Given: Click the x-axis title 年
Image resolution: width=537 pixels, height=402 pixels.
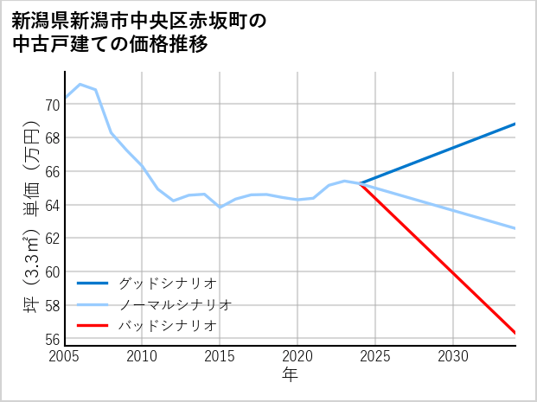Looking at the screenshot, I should click(x=290, y=374).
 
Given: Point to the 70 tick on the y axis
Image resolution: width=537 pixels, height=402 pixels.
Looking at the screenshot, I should click(x=52, y=105).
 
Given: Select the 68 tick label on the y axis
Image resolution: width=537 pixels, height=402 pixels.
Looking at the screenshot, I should click(x=52, y=138).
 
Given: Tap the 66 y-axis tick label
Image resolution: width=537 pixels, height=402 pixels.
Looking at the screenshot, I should click(x=52, y=172).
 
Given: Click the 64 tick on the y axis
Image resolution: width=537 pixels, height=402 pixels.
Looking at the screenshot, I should click(x=52, y=206).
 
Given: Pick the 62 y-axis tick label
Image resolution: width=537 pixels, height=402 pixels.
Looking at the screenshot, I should click(x=52, y=239).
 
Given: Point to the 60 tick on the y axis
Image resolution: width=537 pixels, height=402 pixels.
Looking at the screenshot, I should click(x=52, y=272).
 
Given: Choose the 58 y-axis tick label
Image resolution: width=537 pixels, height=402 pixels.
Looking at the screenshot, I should click(x=52, y=306).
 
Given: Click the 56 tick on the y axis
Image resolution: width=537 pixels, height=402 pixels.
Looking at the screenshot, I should click(x=52, y=339).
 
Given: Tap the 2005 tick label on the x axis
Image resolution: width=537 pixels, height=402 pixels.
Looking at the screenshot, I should click(x=65, y=356).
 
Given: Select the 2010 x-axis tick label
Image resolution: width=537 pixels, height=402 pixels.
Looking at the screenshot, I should click(x=142, y=356).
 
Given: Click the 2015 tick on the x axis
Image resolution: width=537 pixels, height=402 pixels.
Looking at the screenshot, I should click(x=220, y=356).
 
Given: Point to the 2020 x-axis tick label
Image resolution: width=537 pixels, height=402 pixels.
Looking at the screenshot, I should click(x=297, y=356).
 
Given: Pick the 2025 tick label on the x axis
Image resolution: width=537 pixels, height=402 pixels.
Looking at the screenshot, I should click(x=375, y=356).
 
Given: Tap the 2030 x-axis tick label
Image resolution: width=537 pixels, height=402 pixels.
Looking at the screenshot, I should click(x=453, y=356).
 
